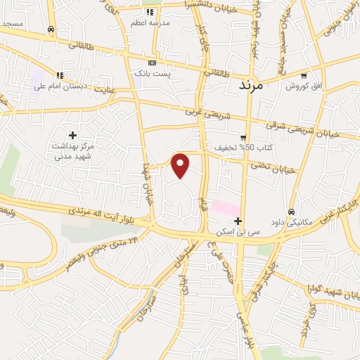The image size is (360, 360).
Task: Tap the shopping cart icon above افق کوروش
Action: coord(304,75)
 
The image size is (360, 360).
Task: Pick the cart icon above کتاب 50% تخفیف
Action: coord(243,138)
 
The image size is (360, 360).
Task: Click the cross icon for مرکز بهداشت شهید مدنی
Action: coord(72,134)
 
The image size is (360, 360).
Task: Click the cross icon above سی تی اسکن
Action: coord(238,220)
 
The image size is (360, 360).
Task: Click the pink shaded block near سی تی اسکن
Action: coord(224,208)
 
